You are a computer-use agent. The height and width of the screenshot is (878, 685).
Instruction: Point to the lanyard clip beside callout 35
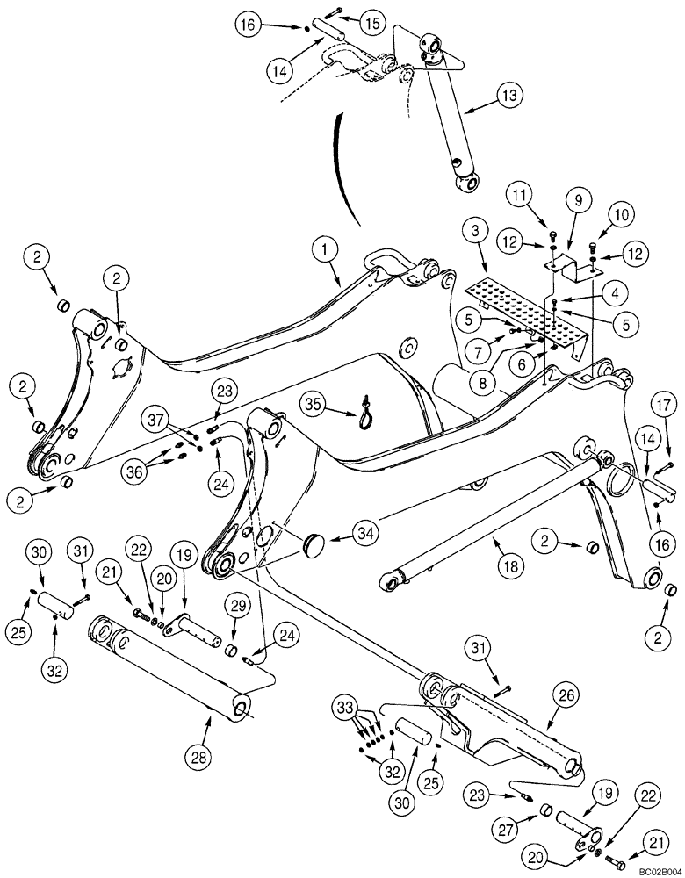(363, 410)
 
